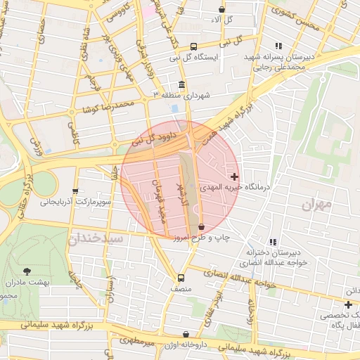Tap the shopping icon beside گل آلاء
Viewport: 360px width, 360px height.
(222, 10)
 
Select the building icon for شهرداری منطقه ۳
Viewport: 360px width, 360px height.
(182, 85)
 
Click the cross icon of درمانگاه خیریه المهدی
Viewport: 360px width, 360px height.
(234, 175)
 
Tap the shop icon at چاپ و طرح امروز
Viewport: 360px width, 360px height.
(202, 227)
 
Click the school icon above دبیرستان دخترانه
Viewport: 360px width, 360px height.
(273, 242)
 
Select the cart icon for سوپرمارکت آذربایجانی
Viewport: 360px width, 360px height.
(75, 191)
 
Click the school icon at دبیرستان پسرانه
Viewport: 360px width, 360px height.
(278, 46)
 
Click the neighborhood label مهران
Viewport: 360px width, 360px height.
(315, 205)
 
